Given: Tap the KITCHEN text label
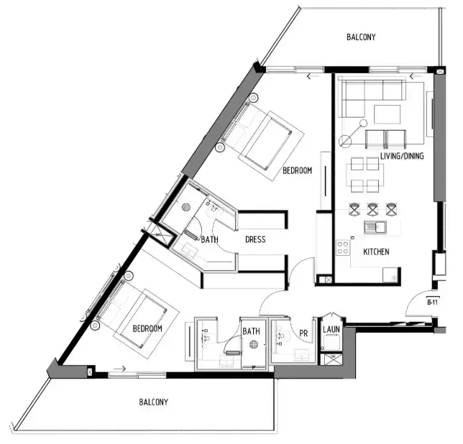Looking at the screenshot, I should click(376, 252).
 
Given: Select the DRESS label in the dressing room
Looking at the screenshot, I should click(256, 240).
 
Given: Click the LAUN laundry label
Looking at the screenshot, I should click(331, 330).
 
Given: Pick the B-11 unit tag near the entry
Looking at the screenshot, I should click(433, 302).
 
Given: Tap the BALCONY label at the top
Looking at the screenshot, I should click(361, 37).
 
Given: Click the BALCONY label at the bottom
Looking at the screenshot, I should click(153, 402).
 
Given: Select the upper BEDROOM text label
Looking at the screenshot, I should click(297, 171).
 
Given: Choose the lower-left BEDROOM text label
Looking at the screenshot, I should click(147, 328).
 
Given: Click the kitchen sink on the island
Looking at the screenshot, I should click(375, 228).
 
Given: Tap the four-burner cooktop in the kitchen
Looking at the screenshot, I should click(344, 249).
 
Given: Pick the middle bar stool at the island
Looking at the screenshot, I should click(373, 210).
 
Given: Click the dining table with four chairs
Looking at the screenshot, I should click(365, 175).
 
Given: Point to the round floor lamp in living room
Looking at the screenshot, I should click(349, 142).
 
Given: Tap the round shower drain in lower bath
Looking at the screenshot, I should click(253, 346).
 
